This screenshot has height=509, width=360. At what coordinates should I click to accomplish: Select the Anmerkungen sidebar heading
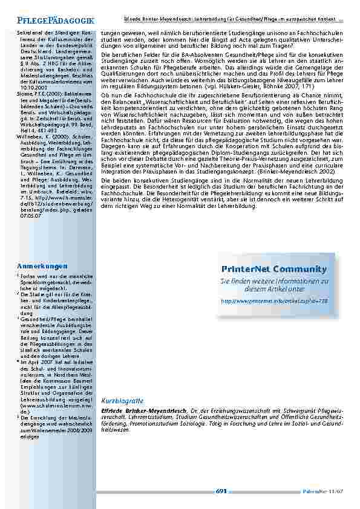pyautogui.click(x=42, y=267)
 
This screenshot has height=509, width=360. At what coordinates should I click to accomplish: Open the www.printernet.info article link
pyautogui.click(x=274, y=300)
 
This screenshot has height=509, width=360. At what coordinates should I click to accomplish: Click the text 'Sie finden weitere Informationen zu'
pyautogui.click(x=274, y=281)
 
